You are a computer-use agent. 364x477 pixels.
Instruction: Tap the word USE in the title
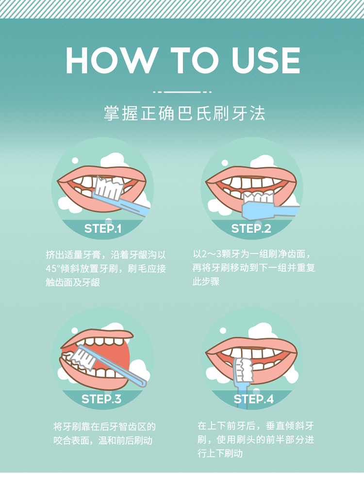pos(265,60)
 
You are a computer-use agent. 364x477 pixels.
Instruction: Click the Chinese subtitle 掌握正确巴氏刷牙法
pos(184,114)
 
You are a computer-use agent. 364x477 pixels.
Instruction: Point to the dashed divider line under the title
pos(182,92)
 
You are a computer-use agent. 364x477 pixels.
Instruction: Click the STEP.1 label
pos(102,229)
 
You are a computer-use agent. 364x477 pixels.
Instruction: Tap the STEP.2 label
pos(251,229)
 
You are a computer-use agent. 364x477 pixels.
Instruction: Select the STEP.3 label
pos(101,399)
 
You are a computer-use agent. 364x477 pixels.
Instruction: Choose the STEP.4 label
pos(253,399)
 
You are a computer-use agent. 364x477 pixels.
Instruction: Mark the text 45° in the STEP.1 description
pos(52,269)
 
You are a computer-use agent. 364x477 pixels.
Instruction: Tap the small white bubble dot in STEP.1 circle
pos(75,161)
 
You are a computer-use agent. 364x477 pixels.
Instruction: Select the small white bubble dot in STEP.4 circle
pos(223,330)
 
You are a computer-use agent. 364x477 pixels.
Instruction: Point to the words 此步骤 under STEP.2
pos(206,282)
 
